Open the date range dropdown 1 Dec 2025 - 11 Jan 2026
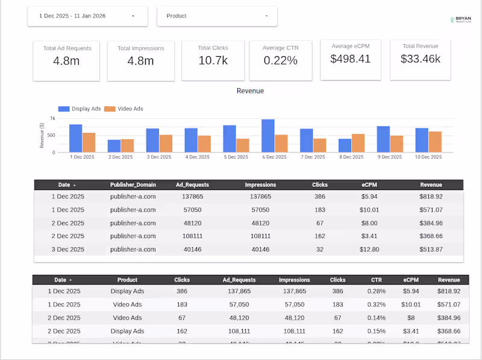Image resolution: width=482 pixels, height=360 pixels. click(x=87, y=16)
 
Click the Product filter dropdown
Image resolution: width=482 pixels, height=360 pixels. click(x=217, y=16)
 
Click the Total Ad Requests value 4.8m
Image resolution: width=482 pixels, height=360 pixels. click(x=66, y=60)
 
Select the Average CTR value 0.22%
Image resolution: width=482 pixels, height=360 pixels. click(x=280, y=60)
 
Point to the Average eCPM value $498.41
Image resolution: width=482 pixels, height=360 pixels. click(x=350, y=58)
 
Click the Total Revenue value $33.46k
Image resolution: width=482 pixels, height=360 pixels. click(x=420, y=58)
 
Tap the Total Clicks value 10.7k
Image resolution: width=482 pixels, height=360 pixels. click(x=213, y=60)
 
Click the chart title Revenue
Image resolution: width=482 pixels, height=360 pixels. click(x=250, y=91)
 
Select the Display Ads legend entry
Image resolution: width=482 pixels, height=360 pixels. click(x=80, y=109)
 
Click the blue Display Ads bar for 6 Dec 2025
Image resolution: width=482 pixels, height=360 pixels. click(x=268, y=136)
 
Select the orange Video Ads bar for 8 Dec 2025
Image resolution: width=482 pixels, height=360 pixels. click(x=358, y=143)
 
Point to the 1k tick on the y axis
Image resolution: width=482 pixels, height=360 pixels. click(x=52, y=119)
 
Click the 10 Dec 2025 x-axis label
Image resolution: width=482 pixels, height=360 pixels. click(x=428, y=157)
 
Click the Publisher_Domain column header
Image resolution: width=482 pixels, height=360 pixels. click(x=133, y=185)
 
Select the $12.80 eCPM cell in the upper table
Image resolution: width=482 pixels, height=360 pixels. click(x=371, y=250)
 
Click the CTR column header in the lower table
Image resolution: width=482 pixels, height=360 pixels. click(x=377, y=280)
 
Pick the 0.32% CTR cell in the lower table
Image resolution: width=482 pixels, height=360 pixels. click(x=377, y=305)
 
